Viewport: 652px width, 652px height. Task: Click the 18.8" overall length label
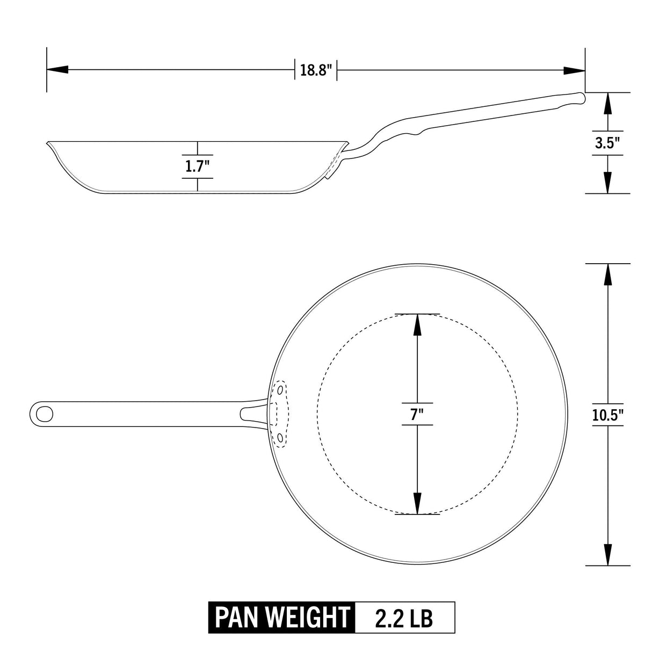316,70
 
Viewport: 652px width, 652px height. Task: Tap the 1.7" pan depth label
197,166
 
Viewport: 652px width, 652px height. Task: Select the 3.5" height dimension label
607,143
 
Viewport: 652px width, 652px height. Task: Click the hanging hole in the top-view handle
45,414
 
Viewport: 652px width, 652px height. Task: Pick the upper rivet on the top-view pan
280,388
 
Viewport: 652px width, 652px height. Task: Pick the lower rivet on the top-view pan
280,438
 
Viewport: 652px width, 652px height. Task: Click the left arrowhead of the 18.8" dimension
57,70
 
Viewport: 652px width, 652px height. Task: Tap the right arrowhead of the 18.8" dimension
574,70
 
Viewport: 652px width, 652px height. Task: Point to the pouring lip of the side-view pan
50,143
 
